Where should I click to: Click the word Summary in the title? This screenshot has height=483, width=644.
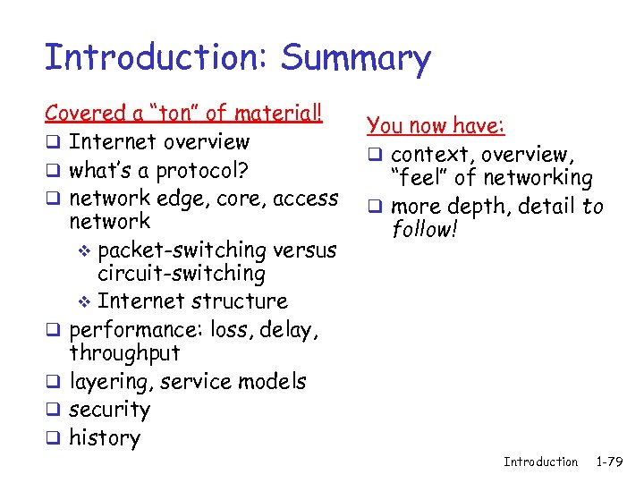[355, 59]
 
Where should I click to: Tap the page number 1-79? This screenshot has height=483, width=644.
[613, 462]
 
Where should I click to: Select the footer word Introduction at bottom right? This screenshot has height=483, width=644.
[540, 462]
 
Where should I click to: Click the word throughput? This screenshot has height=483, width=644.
[124, 354]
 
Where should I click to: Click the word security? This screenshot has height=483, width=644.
[109, 410]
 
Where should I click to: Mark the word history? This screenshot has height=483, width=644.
[105, 437]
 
